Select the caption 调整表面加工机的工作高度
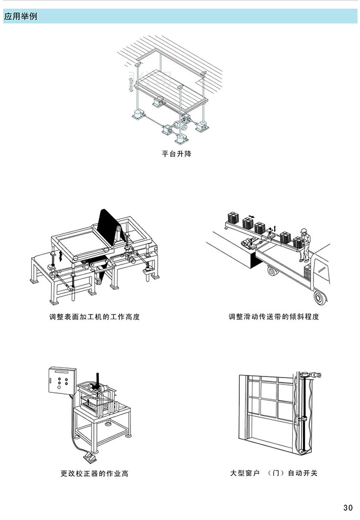(x=94, y=317)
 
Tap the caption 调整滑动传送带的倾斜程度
(x=274, y=317)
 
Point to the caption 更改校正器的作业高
(x=94, y=473)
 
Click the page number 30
(x=347, y=508)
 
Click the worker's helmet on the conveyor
(x=304, y=230)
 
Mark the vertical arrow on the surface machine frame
(x=61, y=257)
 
